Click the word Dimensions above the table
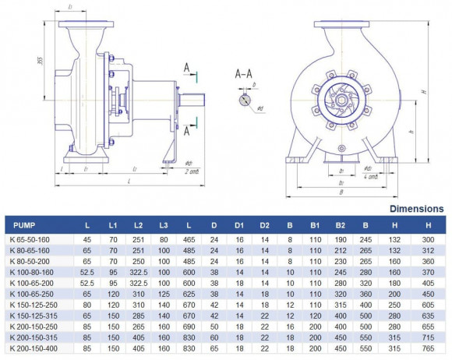click(x=417, y=209)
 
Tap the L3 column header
click(x=164, y=225)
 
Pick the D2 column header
click(x=265, y=225)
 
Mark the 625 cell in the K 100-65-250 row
click(x=189, y=295)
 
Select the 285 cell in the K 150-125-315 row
click(x=139, y=317)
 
